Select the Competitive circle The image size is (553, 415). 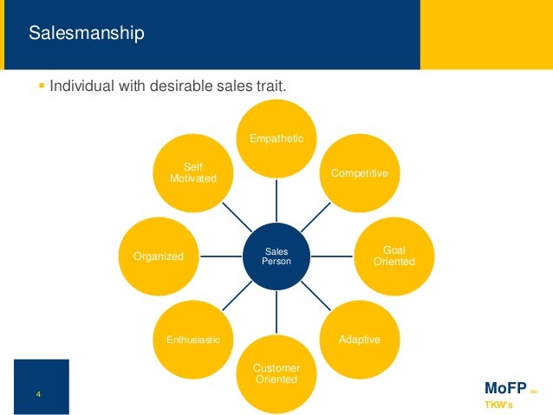pos(358,173)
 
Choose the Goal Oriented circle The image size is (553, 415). pos(393,256)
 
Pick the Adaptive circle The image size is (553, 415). pos(358,339)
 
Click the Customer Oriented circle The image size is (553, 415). pos(277,373)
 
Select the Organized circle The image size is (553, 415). pos(159,256)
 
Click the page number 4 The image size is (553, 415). pos(39,395)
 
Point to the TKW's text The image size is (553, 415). pos(497,405)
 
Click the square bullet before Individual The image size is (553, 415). pos(42,87)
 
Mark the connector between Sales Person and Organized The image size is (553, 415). pos(220,256)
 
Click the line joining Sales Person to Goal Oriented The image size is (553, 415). pos(335,256)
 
